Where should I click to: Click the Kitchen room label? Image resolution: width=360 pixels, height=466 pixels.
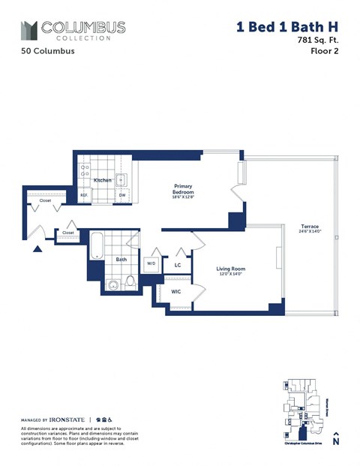[x=102, y=181]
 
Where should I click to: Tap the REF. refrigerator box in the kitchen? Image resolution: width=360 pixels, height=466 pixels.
[x=85, y=195]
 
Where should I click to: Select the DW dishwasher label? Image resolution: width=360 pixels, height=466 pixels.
[x=121, y=195]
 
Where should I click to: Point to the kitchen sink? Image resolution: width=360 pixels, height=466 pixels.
[x=122, y=179]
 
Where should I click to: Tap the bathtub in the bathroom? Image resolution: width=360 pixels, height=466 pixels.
[x=95, y=245]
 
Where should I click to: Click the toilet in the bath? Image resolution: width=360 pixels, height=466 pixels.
[x=130, y=282]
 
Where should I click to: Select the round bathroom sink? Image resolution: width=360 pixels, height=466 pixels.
[x=112, y=284]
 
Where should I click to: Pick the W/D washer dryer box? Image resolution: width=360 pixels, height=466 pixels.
[x=151, y=263]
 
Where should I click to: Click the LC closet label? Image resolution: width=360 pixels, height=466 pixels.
[x=178, y=265]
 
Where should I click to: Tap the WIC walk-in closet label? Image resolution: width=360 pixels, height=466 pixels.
[x=175, y=291]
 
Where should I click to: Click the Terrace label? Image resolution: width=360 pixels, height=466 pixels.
[x=310, y=225]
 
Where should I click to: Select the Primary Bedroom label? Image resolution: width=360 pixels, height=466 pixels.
[x=184, y=189]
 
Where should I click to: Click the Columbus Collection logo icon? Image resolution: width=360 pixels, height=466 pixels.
[x=28, y=31]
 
